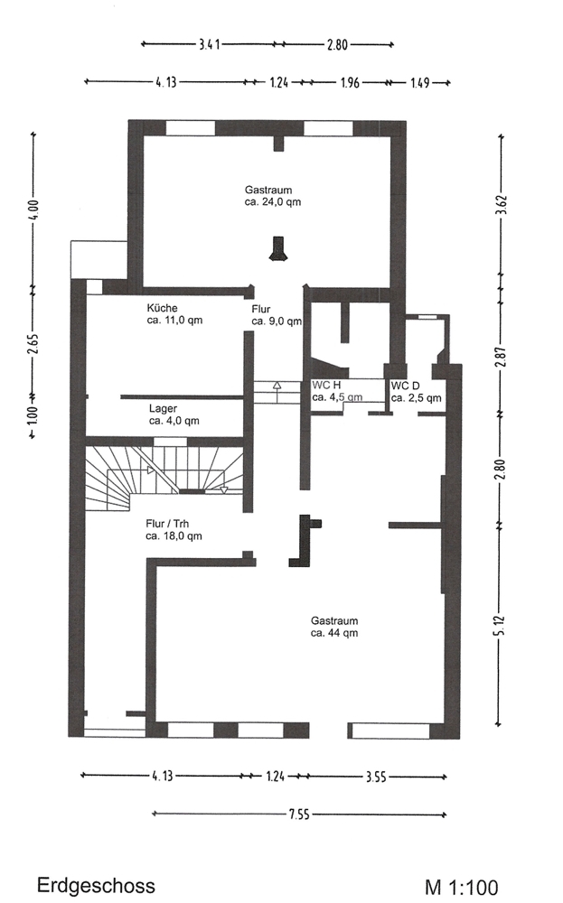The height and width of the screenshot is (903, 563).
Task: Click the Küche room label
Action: click(x=174, y=314)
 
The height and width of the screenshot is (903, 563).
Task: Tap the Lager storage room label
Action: click(x=174, y=414)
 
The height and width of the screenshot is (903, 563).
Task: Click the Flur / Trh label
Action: click(x=174, y=530)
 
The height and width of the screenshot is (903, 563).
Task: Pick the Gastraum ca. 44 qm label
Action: click(x=334, y=627)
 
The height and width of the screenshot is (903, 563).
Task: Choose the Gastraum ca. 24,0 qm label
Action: click(x=273, y=196)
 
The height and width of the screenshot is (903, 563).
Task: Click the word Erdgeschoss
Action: click(x=96, y=885)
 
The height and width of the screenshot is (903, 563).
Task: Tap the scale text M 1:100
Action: click(x=462, y=888)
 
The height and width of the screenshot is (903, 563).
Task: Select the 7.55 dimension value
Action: click(x=299, y=815)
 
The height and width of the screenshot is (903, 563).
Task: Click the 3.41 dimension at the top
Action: click(x=210, y=44)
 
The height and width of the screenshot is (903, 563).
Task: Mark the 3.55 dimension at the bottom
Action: click(x=376, y=777)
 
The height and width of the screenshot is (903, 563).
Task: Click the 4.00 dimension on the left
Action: click(x=33, y=210)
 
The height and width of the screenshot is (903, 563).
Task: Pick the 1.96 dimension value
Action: click(x=350, y=83)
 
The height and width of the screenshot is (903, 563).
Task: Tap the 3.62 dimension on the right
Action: click(x=501, y=204)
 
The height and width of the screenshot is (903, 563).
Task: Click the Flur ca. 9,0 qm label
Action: click(x=277, y=315)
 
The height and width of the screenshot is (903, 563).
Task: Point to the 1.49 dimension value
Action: click(x=420, y=83)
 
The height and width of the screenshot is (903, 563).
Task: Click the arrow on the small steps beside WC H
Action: click(x=277, y=392)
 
